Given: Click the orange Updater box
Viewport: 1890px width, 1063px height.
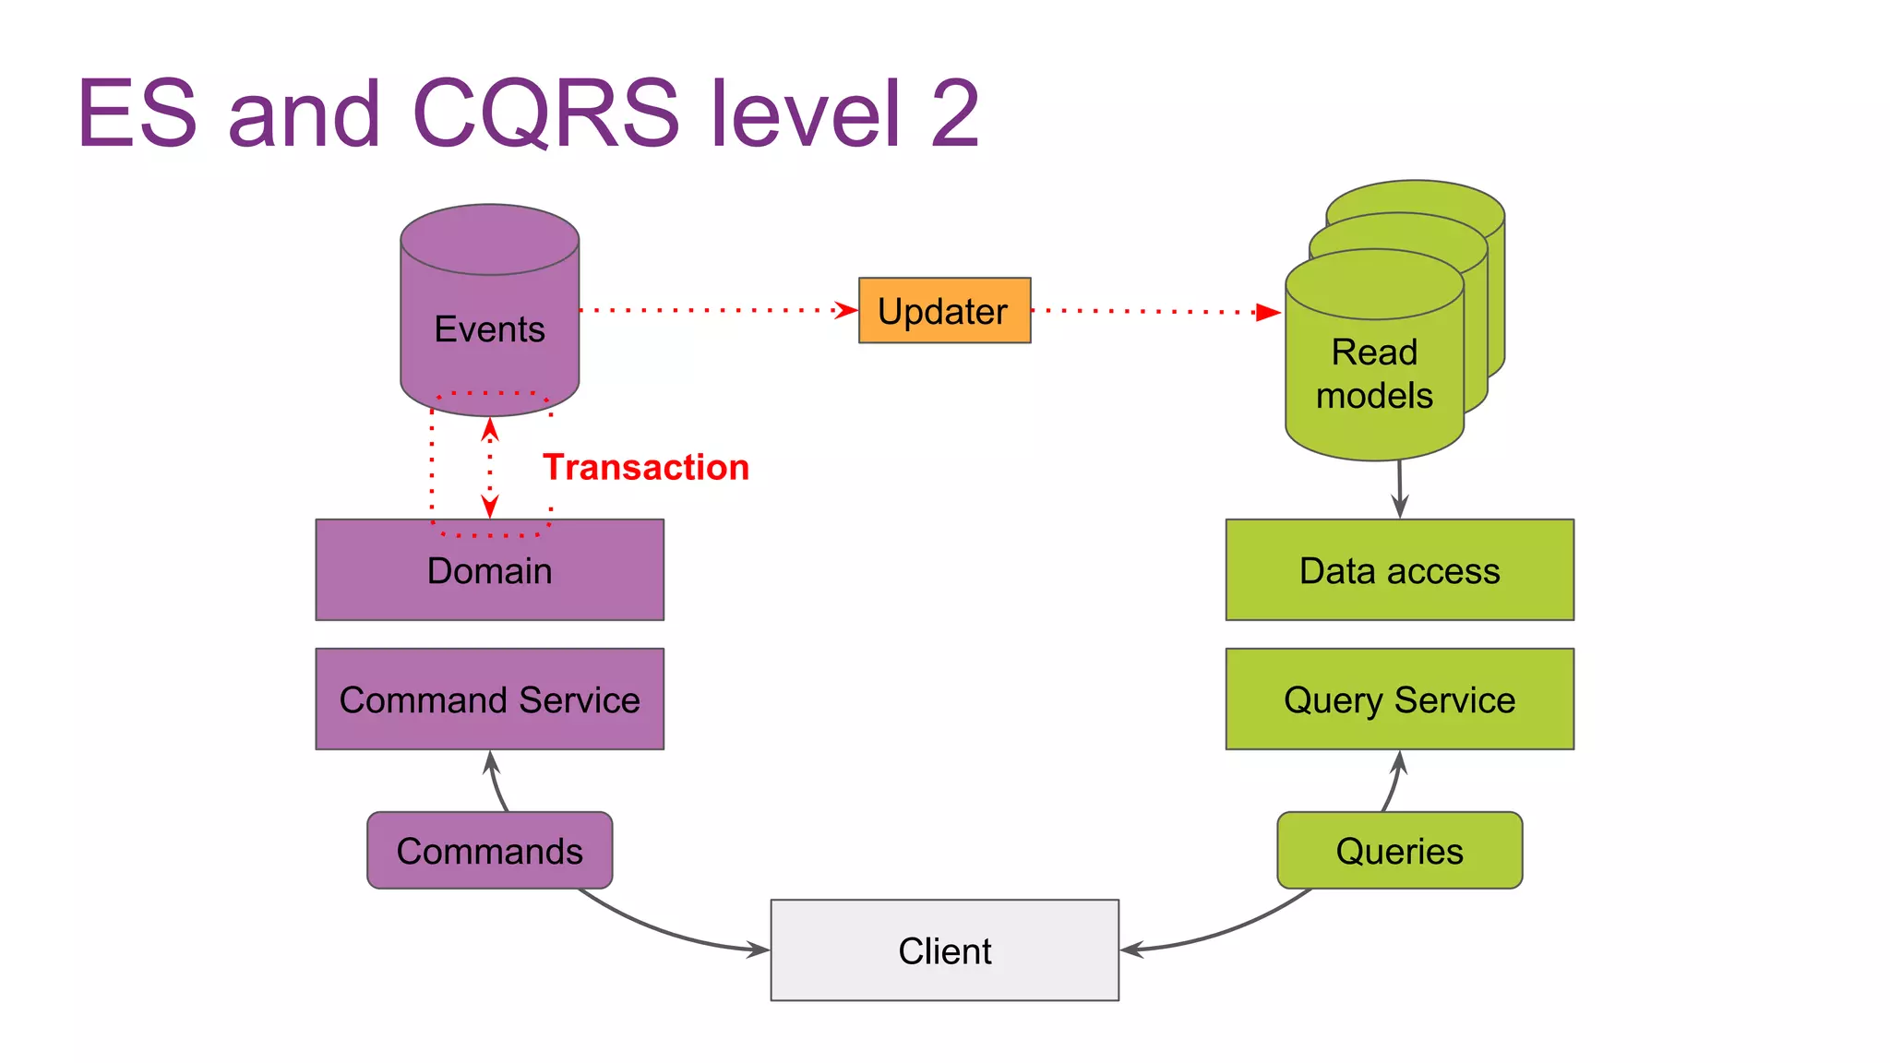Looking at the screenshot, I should [x=944, y=311].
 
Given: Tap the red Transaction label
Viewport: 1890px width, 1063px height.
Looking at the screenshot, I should [x=645, y=468].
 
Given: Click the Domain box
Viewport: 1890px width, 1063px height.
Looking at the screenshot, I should [x=489, y=570].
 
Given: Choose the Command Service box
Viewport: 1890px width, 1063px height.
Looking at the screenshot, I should [x=489, y=699].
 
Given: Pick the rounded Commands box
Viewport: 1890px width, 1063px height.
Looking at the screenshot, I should [x=489, y=851].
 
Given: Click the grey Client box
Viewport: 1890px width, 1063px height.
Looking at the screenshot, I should [x=944, y=950].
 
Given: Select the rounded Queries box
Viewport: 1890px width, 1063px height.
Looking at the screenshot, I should [x=1399, y=851].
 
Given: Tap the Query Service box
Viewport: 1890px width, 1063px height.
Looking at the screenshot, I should [x=1399, y=699].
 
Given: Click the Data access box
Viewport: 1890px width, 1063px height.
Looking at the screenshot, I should [x=1399, y=570].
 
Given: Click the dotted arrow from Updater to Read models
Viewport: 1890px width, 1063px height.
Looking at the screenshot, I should [x=1154, y=312].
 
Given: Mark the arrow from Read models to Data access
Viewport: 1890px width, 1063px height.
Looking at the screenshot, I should [x=1400, y=489].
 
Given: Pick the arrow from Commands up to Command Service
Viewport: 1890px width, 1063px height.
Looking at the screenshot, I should [x=496, y=782].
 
